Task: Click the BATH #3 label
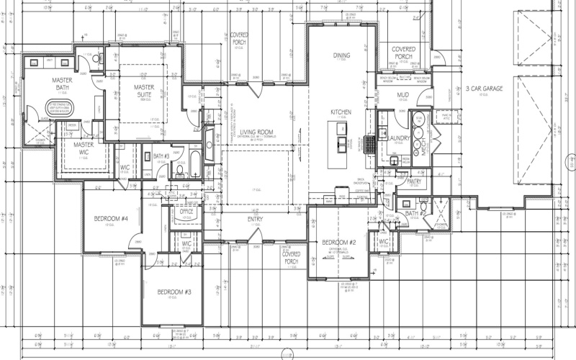click(161, 156)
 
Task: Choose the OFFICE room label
click(187, 212)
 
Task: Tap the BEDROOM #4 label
click(111, 219)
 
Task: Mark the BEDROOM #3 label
click(173, 292)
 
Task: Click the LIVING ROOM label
click(257, 132)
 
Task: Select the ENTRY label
click(255, 220)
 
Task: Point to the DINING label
click(341, 55)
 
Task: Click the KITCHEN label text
click(341, 113)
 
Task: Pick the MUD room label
click(403, 95)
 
